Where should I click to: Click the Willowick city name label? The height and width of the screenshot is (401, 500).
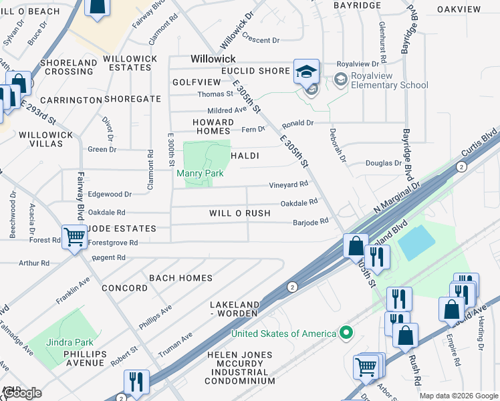(213, 59)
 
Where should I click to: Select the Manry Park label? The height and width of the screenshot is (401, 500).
(199, 173)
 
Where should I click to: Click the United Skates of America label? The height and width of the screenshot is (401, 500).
(283, 333)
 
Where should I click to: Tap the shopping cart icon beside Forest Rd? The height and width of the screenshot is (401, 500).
(74, 236)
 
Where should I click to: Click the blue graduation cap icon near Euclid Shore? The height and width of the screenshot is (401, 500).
(307, 72)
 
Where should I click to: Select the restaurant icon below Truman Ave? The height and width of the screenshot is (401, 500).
(136, 382)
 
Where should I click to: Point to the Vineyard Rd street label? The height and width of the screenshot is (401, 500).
(288, 184)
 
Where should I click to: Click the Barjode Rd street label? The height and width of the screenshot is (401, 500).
(311, 221)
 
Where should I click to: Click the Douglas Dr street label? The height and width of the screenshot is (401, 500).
(383, 163)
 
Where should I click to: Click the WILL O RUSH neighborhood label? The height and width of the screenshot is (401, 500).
(239, 213)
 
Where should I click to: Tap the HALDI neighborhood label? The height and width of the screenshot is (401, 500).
(245, 156)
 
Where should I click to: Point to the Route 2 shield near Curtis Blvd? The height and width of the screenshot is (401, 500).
(461, 166)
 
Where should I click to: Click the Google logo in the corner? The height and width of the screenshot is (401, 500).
(22, 393)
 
